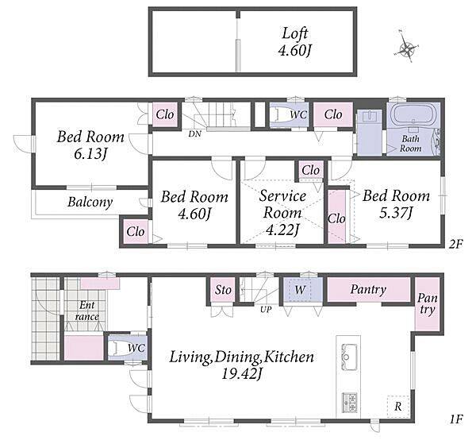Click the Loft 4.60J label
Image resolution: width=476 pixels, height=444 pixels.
coord(295,42)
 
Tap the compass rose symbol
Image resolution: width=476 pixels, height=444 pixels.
coord(406,48)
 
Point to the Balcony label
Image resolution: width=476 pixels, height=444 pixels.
coord(90,202)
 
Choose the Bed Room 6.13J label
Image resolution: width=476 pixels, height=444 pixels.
coord(90,145)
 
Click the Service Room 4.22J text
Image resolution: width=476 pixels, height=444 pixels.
coord(282,212)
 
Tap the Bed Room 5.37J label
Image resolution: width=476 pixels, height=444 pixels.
coord(396,204)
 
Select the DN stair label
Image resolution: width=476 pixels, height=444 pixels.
coord(194,133)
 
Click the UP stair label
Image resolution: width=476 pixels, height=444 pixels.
coord(266,311)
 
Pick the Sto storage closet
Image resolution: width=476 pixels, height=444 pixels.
coord(223,290)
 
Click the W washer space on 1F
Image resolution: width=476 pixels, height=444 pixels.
coord(301,290)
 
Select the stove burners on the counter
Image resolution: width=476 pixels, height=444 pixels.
coord(349,403)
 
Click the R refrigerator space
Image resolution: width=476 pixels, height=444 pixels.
coord(398,407)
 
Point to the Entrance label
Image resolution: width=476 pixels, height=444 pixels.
coord(86,311)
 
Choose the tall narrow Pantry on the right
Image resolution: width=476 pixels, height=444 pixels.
coord(428,304)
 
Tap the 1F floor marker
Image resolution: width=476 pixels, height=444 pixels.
coord(455,419)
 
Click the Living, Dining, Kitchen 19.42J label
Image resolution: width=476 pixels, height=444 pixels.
coord(241,365)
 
